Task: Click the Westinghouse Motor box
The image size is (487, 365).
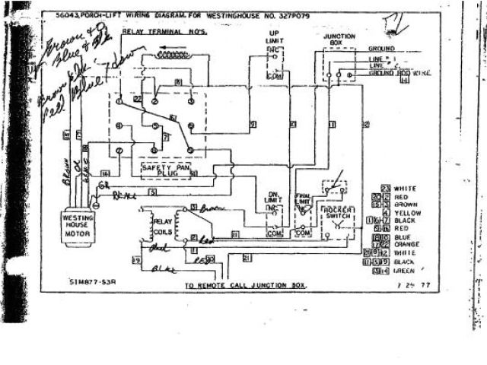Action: pyautogui.click(x=77, y=226)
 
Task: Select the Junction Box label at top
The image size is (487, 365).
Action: pyautogui.click(x=339, y=40)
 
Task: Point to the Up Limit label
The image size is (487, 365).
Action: pyautogui.click(x=274, y=38)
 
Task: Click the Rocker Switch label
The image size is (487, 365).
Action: pyautogui.click(x=336, y=213)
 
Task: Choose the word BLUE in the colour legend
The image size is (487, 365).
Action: pyautogui.click(x=405, y=236)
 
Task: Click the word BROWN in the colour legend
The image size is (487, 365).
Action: pyautogui.click(x=408, y=204)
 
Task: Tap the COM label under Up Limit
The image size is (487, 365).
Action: pyautogui.click(x=275, y=77)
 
